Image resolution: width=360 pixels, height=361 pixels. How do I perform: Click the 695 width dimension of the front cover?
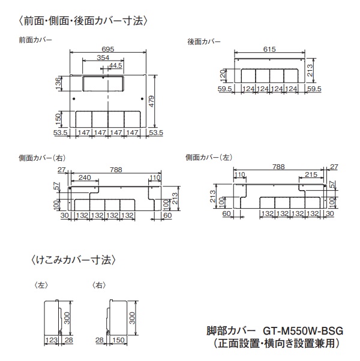click(108, 49)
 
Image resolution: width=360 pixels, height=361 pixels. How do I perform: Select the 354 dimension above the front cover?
click(103, 58)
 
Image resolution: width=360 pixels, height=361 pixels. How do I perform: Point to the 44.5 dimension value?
click(116, 65)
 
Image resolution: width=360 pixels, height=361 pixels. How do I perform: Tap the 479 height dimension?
click(152, 101)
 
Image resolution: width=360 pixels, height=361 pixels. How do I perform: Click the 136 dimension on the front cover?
click(58, 83)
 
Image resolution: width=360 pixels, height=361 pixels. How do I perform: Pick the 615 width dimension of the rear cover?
click(269, 49)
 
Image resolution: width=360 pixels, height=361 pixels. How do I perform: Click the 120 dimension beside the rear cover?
click(223, 76)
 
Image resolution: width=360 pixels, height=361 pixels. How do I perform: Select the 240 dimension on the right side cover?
click(85, 178)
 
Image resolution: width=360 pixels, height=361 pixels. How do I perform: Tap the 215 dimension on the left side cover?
click(311, 175)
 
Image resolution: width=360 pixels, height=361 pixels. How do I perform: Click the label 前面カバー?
click(35, 40)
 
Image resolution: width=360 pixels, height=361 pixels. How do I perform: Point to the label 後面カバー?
click(204, 41)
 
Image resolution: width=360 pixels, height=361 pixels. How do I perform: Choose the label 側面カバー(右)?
click(42, 158)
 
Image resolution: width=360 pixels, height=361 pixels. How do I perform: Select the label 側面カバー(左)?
click(209, 157)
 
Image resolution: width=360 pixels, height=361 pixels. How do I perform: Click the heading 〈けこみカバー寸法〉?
click(73, 260)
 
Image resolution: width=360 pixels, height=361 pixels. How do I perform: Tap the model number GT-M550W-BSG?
click(303, 331)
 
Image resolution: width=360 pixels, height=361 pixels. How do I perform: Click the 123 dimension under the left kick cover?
click(52, 340)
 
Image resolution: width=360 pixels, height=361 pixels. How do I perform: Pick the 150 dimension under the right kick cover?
click(118, 340)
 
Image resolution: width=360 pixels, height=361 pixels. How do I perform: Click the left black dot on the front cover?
click(74, 99)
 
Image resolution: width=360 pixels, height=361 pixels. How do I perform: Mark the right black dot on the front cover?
click(142, 99)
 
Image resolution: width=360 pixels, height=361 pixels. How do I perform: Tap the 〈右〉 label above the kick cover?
click(99, 285)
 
